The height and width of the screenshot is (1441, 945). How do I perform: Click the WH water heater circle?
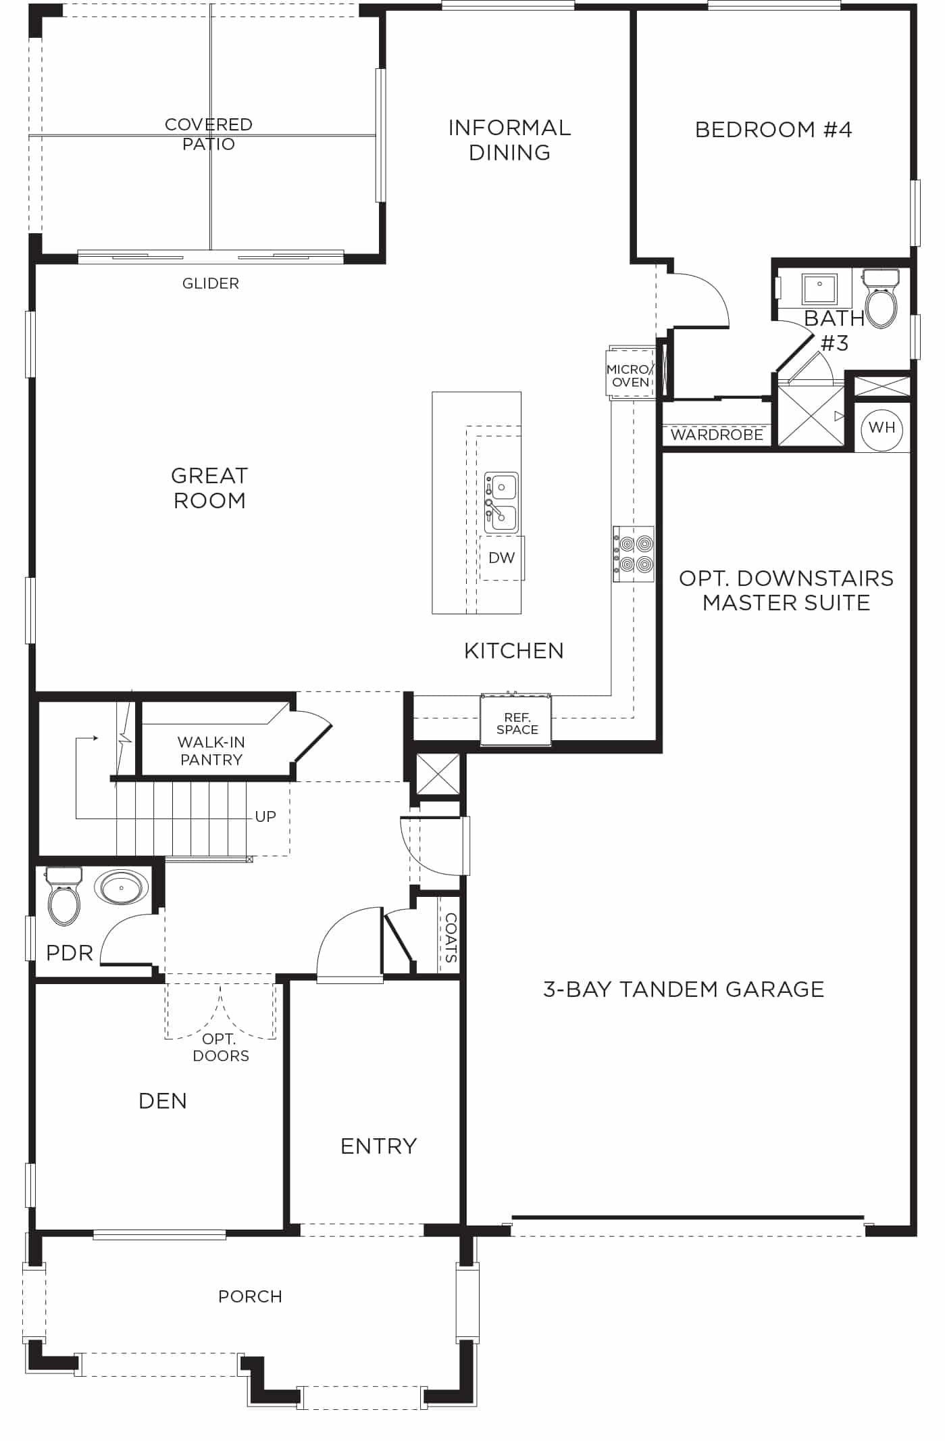coord(882,428)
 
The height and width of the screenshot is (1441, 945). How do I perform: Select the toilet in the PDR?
coord(64,896)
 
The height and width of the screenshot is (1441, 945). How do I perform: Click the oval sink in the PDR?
coord(122,887)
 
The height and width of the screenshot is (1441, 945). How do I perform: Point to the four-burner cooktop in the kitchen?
coord(634,554)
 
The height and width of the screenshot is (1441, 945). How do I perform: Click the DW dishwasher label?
coord(502,558)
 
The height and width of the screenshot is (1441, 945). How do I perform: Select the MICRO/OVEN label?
coord(630,376)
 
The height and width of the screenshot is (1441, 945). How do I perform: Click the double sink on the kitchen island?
coord(501,502)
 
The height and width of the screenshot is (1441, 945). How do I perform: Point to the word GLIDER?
coord(211,283)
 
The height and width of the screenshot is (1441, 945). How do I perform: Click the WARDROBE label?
coord(717,435)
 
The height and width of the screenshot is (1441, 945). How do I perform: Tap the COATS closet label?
coord(451,937)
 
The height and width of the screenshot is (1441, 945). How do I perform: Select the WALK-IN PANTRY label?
coord(211,751)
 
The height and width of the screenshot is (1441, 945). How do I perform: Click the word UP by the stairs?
coord(265,816)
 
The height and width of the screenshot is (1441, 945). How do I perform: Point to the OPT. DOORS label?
coord(221,1048)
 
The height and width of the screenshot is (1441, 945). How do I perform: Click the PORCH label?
coord(250,1296)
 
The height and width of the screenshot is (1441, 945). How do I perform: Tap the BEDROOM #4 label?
coord(773,129)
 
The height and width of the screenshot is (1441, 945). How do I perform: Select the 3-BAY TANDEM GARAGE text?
coord(684,990)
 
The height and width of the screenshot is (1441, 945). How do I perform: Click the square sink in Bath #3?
coord(819,289)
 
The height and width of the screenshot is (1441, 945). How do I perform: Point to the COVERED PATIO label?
coord(209,134)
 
